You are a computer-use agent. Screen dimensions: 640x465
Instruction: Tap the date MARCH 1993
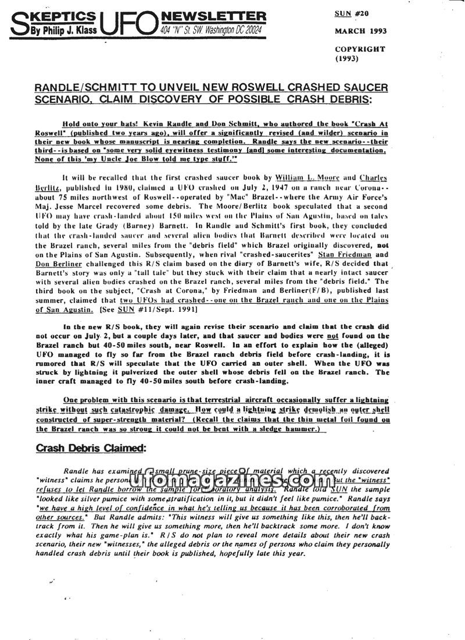tap(360, 31)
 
